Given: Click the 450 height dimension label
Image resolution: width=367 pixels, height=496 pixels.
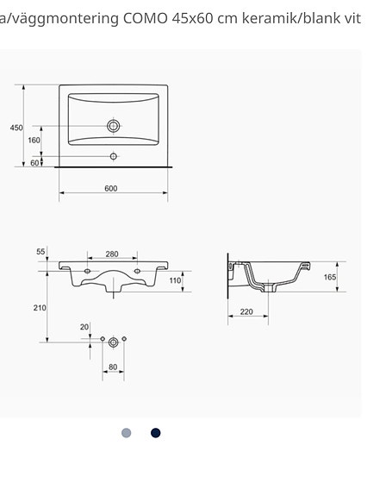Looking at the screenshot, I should click(x=16, y=128).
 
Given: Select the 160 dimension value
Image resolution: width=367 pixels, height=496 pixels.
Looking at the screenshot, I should click(x=34, y=140).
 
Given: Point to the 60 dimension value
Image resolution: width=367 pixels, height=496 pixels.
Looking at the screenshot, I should click(x=34, y=162).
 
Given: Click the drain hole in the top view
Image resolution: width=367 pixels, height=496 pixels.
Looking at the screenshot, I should click(x=113, y=126).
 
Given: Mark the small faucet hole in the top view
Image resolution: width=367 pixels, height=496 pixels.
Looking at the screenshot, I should click(x=113, y=156).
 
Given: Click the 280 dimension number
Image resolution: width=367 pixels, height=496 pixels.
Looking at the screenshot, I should click(x=112, y=254).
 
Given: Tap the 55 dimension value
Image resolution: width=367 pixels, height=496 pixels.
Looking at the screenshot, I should click(x=40, y=252).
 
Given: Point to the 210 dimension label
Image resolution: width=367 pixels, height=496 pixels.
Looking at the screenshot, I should click(x=40, y=308).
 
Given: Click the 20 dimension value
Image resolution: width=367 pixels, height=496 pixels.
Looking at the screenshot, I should click(x=84, y=326).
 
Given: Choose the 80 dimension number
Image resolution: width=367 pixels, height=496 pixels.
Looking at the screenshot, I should click(x=112, y=367).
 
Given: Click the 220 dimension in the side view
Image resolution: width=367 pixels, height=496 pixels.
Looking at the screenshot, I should click(x=246, y=312).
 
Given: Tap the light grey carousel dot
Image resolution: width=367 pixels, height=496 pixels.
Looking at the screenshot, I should click(x=127, y=433).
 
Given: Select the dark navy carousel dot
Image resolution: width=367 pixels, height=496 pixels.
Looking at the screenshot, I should click(x=156, y=433).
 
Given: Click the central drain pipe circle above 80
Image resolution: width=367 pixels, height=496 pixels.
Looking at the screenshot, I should click(x=113, y=342).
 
